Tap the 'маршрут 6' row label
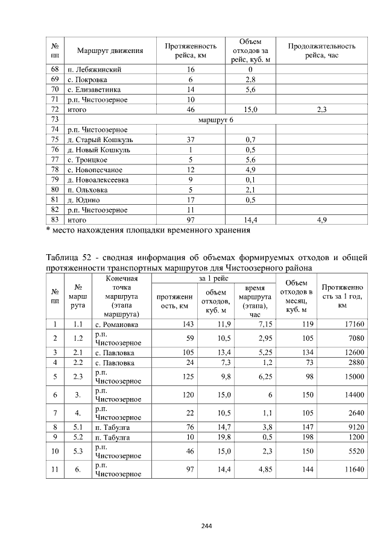tap(215, 120)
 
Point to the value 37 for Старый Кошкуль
tap(190, 140)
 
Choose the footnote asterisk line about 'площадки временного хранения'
tap(148, 230)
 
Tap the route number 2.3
tap(77, 376)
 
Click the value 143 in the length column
tap(186, 325)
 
